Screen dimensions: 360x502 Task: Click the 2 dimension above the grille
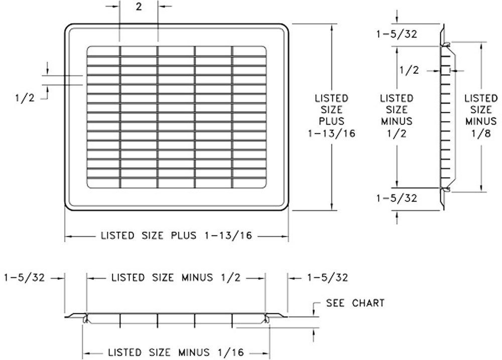[139, 8]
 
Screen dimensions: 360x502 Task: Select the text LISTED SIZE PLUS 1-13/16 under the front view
[176, 235]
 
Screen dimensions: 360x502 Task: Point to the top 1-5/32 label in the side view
[397, 34]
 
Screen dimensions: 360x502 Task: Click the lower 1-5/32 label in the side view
[397, 198]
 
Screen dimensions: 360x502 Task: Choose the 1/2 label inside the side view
[409, 70]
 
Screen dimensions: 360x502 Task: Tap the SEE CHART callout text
[355, 303]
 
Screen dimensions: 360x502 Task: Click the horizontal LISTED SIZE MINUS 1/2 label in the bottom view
[176, 277]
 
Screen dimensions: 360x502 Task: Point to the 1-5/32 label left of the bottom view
[25, 277]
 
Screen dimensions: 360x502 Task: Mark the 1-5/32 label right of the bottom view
[327, 277]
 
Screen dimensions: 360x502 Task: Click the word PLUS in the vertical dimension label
[331, 121]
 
